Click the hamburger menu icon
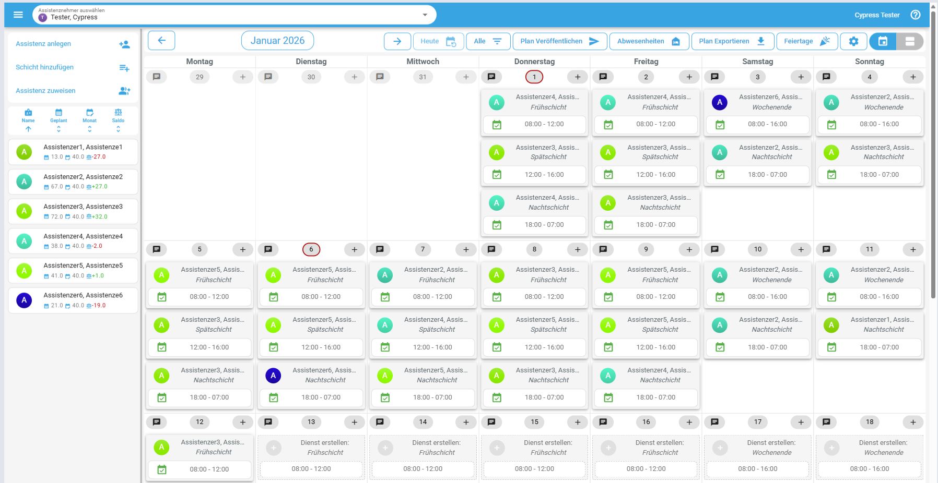click(x=18, y=15)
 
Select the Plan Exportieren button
click(x=733, y=41)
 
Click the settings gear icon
click(x=853, y=41)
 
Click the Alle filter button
click(x=488, y=41)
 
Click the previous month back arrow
click(x=161, y=41)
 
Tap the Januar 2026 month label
click(x=277, y=41)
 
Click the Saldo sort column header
click(x=118, y=120)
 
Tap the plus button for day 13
click(x=355, y=422)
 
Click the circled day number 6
click(x=311, y=249)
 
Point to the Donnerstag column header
click(x=534, y=62)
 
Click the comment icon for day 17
click(x=714, y=422)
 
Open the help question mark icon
click(x=916, y=15)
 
